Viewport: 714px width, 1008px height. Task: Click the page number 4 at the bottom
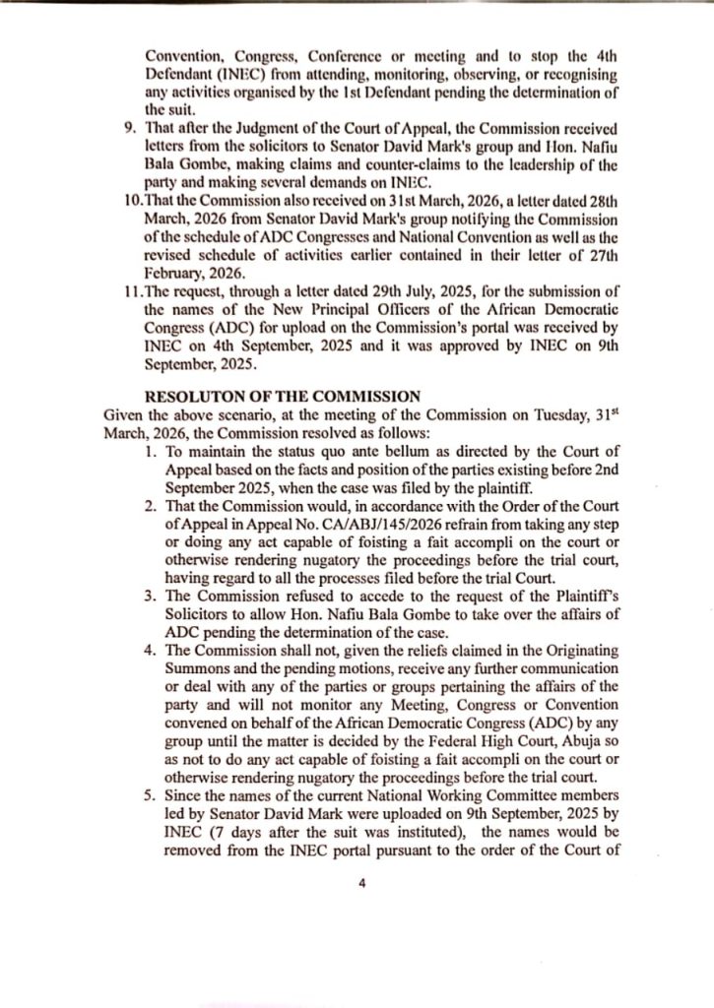pyautogui.click(x=361, y=883)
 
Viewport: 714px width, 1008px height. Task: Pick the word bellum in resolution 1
pyautogui.click(x=335, y=450)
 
